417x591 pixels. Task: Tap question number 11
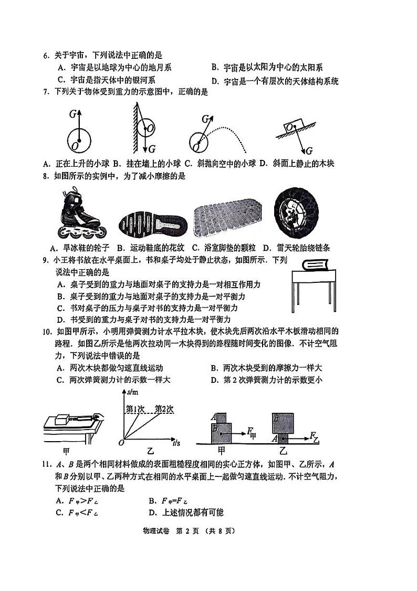tap(48, 464)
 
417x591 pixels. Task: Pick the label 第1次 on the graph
tap(135, 408)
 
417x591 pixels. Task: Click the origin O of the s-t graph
tap(121, 442)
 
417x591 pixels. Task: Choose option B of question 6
tap(266, 67)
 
